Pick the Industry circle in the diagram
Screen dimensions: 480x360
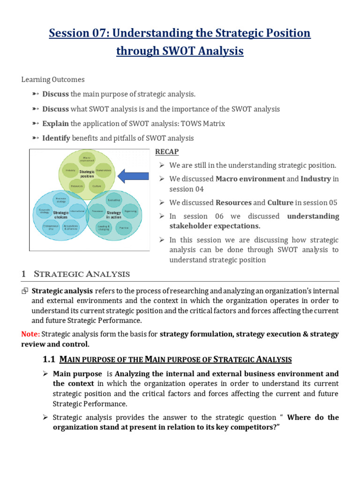click(x=70, y=170)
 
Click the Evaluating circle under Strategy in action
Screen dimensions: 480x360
click(x=114, y=200)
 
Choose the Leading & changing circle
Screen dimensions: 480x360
click(x=104, y=228)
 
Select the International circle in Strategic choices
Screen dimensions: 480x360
click(x=77, y=211)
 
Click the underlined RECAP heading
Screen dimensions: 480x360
click(x=166, y=152)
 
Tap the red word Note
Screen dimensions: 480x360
click(x=30, y=334)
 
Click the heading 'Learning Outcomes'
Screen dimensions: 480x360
click(x=53, y=80)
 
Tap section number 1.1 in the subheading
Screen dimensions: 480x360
click(x=49, y=360)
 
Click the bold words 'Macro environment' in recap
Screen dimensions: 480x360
click(x=250, y=179)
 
